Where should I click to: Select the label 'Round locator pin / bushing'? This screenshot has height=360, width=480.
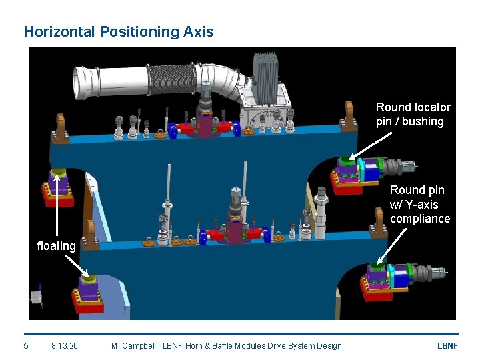point(413,114)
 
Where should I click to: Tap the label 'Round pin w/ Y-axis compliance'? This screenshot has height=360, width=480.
point(420,204)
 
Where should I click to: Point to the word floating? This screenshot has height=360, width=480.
point(56,246)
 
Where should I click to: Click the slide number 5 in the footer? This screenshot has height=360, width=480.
point(26,345)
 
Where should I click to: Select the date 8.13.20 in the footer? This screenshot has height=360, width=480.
point(64,345)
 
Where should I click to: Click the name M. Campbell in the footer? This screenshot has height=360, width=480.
point(133,345)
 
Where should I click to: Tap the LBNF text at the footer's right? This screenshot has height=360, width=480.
point(447,345)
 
